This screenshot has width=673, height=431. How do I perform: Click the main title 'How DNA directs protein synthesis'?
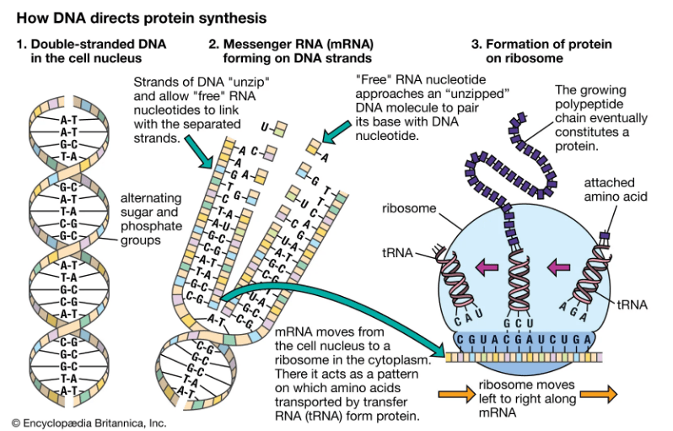point(136,16)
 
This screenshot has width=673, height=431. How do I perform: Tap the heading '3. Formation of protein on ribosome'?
point(541,51)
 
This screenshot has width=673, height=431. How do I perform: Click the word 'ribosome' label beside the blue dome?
point(409,207)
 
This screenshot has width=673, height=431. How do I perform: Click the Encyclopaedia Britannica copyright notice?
point(89,422)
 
